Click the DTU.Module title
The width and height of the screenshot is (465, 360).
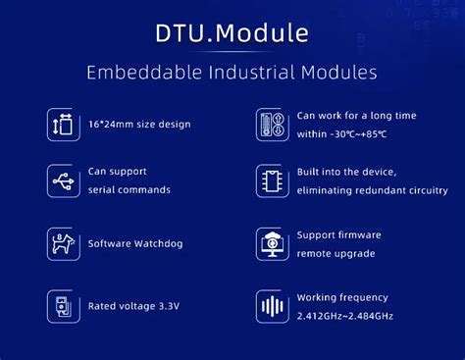pyautogui.click(x=232, y=32)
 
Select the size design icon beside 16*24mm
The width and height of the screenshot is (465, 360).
pyautogui.click(x=63, y=124)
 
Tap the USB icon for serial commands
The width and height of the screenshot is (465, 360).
pyautogui.click(x=63, y=180)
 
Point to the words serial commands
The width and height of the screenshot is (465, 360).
pyautogui.click(x=129, y=189)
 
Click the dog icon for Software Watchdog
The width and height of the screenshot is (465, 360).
pyautogui.click(x=63, y=243)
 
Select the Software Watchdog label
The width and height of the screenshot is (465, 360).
pyautogui.click(x=135, y=243)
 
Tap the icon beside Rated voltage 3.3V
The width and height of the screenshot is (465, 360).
pyautogui.click(x=63, y=305)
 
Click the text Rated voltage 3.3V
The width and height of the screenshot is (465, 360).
pyautogui.click(x=134, y=305)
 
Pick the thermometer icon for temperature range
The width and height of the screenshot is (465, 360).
pyautogui.click(x=271, y=124)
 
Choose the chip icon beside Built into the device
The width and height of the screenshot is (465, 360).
pyautogui.click(x=271, y=180)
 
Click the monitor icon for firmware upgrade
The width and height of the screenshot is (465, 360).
pyautogui.click(x=271, y=243)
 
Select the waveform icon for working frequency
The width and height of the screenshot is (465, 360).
pyautogui.click(x=271, y=305)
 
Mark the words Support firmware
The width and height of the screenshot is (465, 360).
pyautogui.click(x=339, y=234)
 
